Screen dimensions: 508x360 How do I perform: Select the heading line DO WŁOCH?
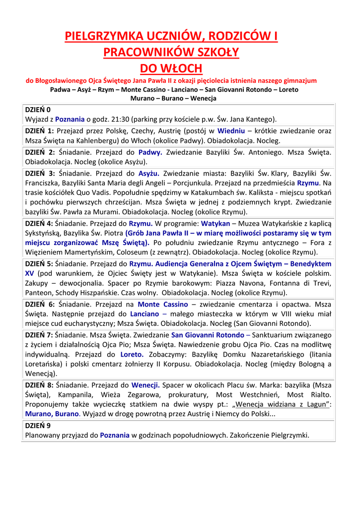click(169, 68)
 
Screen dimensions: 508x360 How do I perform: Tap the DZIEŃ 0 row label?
click(38, 110)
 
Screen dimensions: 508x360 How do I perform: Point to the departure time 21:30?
click(118, 119)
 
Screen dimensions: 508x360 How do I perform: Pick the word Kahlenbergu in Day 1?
click(94, 140)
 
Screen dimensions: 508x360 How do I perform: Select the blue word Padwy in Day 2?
click(150, 152)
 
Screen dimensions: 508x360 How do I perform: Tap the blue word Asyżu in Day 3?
click(148, 173)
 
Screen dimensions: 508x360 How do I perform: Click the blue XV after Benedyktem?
click(29, 273)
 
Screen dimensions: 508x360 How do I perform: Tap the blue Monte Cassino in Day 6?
click(163, 304)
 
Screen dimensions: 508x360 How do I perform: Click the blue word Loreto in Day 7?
click(132, 354)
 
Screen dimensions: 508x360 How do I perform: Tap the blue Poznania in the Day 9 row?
click(115, 435)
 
